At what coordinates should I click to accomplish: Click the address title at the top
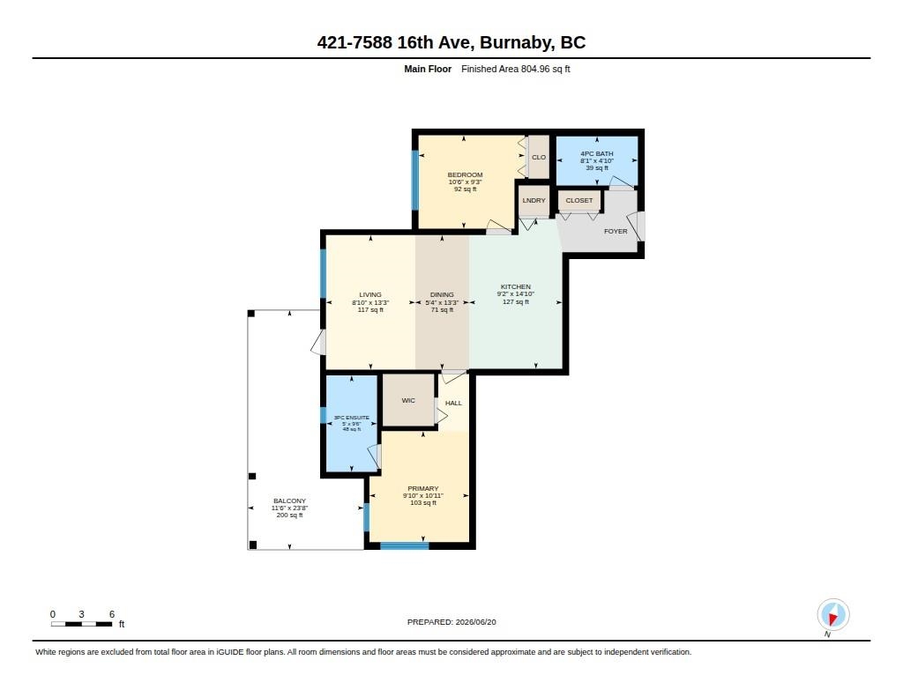[x=451, y=42]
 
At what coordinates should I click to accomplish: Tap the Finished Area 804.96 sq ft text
[x=515, y=69]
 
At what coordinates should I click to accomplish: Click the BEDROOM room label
[x=466, y=175]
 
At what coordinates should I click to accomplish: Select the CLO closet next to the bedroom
[x=539, y=157]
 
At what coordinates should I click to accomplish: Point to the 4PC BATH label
[x=597, y=153]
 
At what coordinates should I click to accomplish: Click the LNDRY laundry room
[x=534, y=200]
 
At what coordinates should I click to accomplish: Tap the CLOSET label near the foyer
[x=579, y=200]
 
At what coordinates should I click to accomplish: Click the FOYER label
[x=616, y=232]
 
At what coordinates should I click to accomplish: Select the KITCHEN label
[x=515, y=286]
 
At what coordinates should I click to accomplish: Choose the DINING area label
[x=442, y=294]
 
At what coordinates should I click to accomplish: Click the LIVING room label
[x=370, y=294]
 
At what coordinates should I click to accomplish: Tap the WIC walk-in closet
[x=408, y=401]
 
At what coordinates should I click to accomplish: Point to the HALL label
[x=453, y=403]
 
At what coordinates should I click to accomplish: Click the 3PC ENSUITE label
[x=352, y=418]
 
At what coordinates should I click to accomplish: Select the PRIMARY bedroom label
[x=422, y=489]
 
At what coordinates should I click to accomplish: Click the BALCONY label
[x=289, y=501]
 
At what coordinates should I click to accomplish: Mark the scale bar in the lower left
[x=82, y=624]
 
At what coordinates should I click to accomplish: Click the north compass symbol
[x=832, y=615]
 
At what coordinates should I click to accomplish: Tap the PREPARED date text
[x=451, y=622]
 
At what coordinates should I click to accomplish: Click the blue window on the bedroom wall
[x=414, y=180]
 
